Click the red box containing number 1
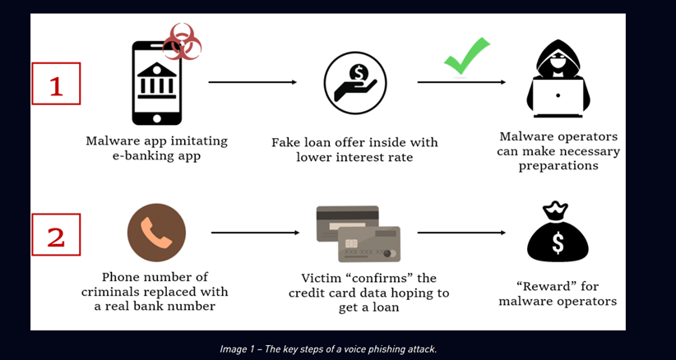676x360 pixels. click(x=56, y=84)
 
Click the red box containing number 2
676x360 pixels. click(x=56, y=237)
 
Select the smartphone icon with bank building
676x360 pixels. click(x=157, y=82)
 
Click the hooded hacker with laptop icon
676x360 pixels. click(x=558, y=81)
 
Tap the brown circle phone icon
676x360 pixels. click(x=156, y=233)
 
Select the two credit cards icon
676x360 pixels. click(x=359, y=234)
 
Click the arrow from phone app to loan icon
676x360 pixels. click(x=252, y=82)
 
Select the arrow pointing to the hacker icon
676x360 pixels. click(x=461, y=82)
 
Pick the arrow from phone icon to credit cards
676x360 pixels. click(x=253, y=233)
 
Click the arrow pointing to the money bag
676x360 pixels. click(x=461, y=233)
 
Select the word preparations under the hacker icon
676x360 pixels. click(x=558, y=165)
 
